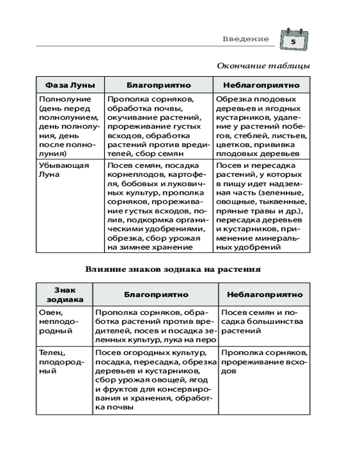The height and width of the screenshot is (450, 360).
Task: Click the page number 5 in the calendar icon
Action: click(x=293, y=42)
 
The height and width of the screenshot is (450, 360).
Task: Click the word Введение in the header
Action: click(x=245, y=39)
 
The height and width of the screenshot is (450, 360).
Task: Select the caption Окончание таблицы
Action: click(x=263, y=66)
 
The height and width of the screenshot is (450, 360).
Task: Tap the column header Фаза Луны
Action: click(x=70, y=85)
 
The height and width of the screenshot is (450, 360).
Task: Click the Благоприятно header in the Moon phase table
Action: click(x=158, y=85)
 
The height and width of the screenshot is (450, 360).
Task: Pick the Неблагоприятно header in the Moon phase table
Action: click(x=261, y=85)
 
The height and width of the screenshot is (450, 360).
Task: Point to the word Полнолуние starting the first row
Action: click(x=65, y=99)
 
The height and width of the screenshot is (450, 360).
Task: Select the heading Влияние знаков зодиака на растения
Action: click(x=173, y=270)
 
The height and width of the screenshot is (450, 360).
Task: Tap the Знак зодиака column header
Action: click(x=64, y=295)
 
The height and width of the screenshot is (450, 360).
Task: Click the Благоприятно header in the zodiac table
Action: click(x=156, y=295)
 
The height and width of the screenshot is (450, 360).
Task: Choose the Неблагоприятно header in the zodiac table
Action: click(x=265, y=295)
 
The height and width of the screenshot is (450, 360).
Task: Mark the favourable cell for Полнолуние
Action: click(x=158, y=126)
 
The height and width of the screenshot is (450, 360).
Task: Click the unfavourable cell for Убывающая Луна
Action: click(x=261, y=206)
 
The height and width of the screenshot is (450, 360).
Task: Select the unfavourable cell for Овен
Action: click(x=265, y=321)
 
